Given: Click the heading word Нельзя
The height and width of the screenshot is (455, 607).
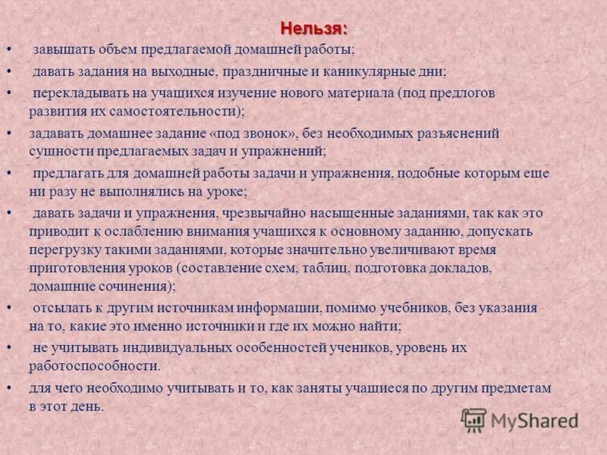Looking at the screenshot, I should (x=314, y=28).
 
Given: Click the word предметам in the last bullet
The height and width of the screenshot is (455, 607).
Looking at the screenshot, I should (x=517, y=388).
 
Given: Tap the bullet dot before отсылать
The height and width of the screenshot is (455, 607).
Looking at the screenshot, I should (x=8, y=308).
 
